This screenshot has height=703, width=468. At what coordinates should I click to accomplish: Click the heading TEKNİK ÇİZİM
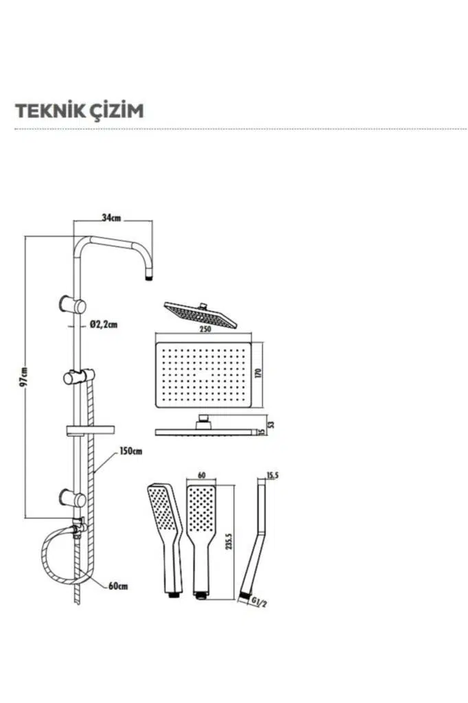[x=80, y=111]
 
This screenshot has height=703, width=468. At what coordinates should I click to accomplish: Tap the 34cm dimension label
[x=111, y=218]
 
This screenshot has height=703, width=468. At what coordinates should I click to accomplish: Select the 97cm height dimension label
[x=23, y=376]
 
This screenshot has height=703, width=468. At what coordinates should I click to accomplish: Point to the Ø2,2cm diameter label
[x=104, y=325]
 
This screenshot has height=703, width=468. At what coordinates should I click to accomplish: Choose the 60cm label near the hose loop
[x=118, y=586]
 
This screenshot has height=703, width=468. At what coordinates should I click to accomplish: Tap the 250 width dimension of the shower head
[x=204, y=330]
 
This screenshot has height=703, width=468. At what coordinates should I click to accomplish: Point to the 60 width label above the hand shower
[x=201, y=475]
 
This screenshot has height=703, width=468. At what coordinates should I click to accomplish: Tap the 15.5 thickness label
[x=273, y=475]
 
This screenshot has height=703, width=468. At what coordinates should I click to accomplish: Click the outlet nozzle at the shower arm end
[x=149, y=277]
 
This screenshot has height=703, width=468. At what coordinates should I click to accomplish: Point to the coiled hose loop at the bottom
[x=58, y=557]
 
